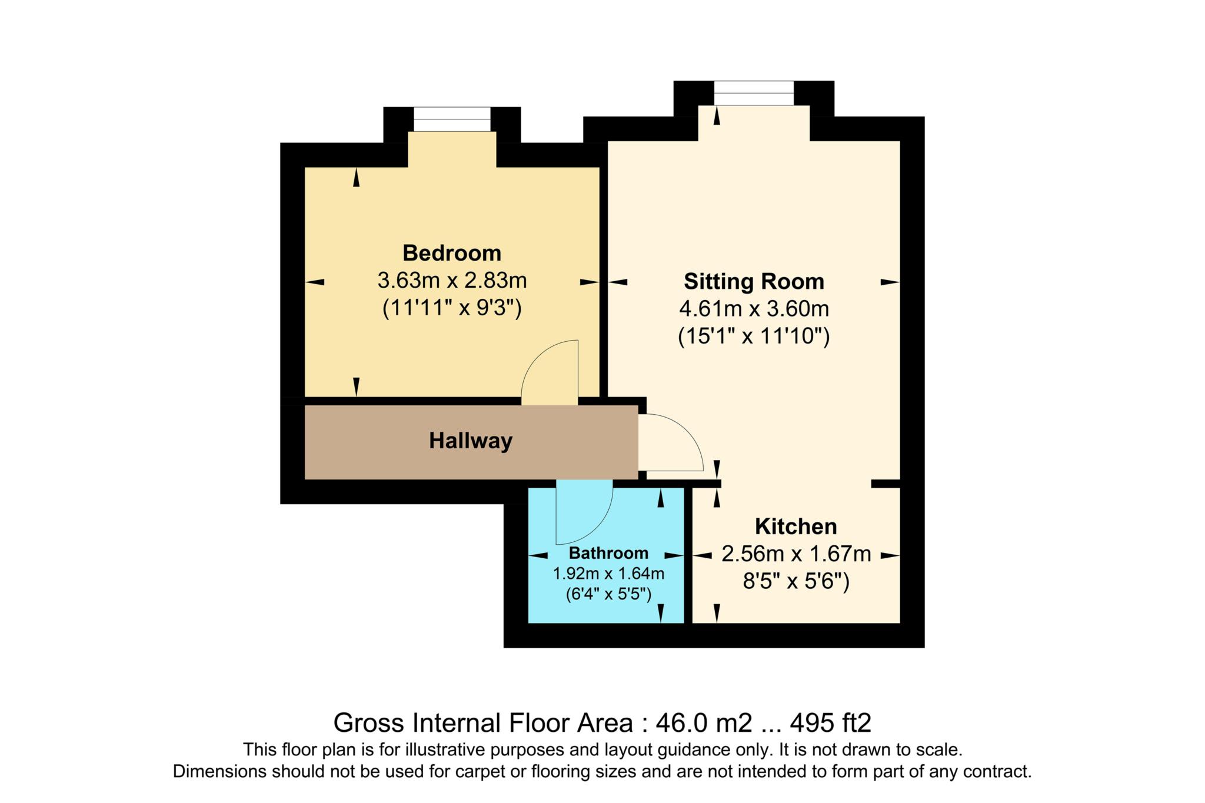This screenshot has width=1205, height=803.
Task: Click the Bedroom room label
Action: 451,253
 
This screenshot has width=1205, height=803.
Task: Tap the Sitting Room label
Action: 753,281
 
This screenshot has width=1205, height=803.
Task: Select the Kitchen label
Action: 795,526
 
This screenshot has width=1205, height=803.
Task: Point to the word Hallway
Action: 470,441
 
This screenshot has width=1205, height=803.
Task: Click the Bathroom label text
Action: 608,553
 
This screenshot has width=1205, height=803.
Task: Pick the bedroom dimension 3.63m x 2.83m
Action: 451,281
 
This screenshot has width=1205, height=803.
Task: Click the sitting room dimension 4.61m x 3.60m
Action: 753,308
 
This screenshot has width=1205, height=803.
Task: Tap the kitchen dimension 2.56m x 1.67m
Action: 795,554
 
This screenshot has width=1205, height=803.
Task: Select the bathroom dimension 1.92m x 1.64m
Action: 608,573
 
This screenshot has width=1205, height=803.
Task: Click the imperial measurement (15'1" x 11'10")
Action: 753,336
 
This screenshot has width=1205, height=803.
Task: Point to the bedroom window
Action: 451,119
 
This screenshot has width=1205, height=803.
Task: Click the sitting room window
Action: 753,93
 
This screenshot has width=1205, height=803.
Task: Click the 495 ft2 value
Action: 830,722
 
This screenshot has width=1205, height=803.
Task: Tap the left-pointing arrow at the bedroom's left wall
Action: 315,282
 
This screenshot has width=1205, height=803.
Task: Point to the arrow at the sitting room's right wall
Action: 890,282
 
